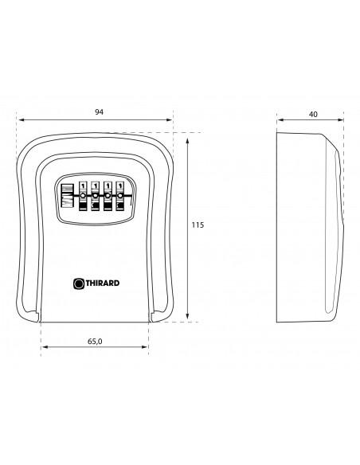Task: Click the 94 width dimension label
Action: (99, 111)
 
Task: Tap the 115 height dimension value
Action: (198, 225)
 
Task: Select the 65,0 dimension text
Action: (95, 342)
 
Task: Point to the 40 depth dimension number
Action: (313, 114)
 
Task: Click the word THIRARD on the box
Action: (103, 283)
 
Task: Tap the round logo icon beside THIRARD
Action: (79, 283)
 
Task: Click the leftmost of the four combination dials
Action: (83, 196)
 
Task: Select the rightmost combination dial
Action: (120, 196)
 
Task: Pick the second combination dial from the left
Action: (96, 196)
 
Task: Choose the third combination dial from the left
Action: (108, 196)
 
